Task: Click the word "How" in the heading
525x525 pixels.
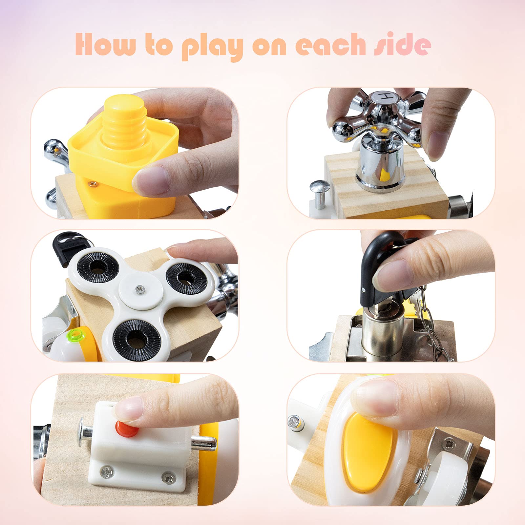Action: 105,44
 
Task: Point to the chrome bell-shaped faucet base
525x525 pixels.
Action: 381,167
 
